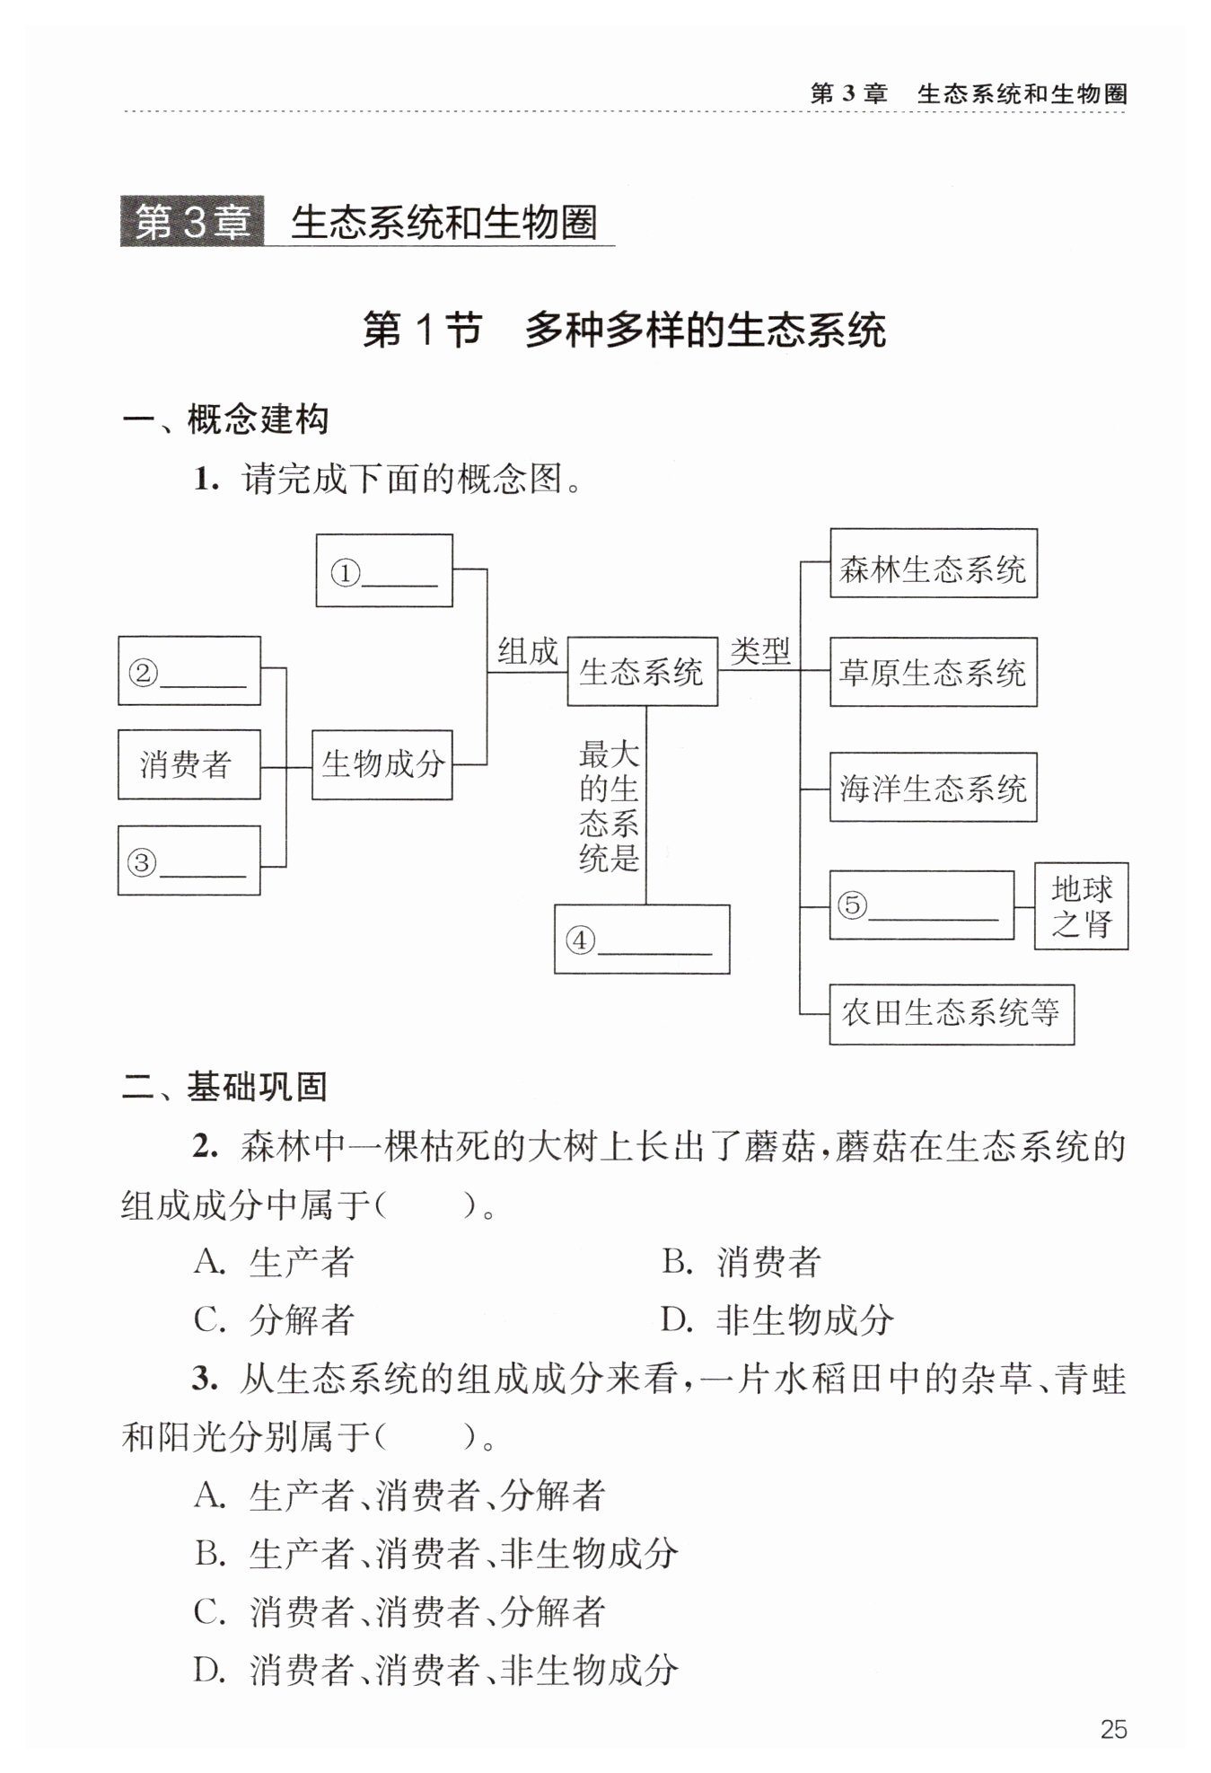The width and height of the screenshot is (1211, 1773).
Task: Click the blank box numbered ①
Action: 384,570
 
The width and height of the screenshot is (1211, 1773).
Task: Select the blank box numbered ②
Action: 189,671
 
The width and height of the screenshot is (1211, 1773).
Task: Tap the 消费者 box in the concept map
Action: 189,764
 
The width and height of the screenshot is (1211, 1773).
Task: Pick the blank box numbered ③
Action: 189,860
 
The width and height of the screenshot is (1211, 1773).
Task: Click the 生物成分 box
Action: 382,764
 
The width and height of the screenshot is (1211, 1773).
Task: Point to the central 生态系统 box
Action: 643,672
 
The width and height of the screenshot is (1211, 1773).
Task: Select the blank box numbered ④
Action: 642,939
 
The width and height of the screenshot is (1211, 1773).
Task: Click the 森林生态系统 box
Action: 934,563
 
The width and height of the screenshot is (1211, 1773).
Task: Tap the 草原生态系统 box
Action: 934,672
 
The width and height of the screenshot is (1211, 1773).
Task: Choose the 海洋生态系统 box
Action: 934,787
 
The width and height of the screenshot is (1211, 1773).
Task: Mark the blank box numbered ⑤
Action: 922,905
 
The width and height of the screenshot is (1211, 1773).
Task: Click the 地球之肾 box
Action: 1082,906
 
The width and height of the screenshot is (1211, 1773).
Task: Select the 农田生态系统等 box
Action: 952,1014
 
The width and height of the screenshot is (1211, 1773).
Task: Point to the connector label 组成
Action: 528,651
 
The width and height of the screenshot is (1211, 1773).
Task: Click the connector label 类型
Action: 759,650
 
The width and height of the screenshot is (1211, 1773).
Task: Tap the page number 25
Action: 1113,1729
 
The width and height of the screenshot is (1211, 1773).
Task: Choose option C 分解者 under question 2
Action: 275,1319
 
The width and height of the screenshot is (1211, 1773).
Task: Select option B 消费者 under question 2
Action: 742,1262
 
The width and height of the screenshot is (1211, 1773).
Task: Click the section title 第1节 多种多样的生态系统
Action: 625,330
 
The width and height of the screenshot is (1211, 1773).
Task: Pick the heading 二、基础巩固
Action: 224,1087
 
